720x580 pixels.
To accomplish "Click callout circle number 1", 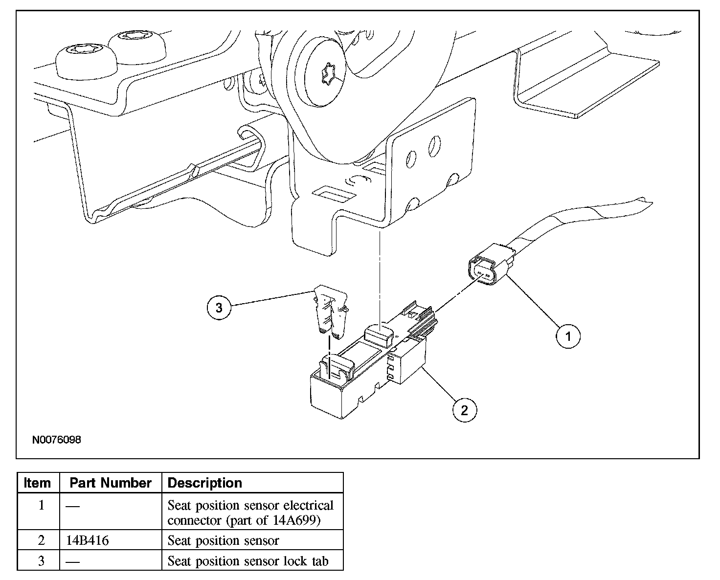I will pyautogui.click(x=568, y=336).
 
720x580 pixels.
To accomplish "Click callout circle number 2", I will pyautogui.click(x=464, y=410).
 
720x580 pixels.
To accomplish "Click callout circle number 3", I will pyautogui.click(x=219, y=308).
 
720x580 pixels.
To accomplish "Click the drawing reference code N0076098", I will pyautogui.click(x=57, y=440).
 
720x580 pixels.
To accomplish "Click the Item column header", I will pyautogui.click(x=37, y=483).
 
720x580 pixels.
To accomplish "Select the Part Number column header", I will pyautogui.click(x=110, y=483).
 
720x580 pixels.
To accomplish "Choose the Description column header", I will pyautogui.click(x=204, y=483).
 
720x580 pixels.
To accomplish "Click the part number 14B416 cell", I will pyautogui.click(x=88, y=540).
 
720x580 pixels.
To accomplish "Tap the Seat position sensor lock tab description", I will pyautogui.click(x=247, y=561).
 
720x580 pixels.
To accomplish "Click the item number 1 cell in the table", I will pyautogui.click(x=41, y=505).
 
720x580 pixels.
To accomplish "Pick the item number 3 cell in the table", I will pyautogui.click(x=41, y=561).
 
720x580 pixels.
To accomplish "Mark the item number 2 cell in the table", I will pyautogui.click(x=41, y=540).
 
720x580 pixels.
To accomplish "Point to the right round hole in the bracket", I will pyautogui.click(x=434, y=146).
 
